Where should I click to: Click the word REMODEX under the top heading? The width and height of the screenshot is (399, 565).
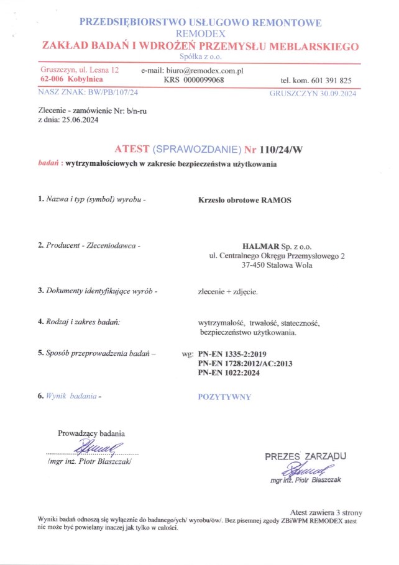point(200,34)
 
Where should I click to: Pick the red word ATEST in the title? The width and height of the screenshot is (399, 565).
point(132,150)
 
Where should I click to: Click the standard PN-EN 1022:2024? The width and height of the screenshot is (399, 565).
point(228,373)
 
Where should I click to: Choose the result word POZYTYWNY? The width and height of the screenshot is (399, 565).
point(224,396)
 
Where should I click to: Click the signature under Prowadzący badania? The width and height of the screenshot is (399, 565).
point(94,446)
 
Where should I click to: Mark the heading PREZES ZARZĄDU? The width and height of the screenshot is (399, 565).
point(305,457)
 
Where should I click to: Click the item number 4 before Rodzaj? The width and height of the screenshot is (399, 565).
point(40,322)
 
